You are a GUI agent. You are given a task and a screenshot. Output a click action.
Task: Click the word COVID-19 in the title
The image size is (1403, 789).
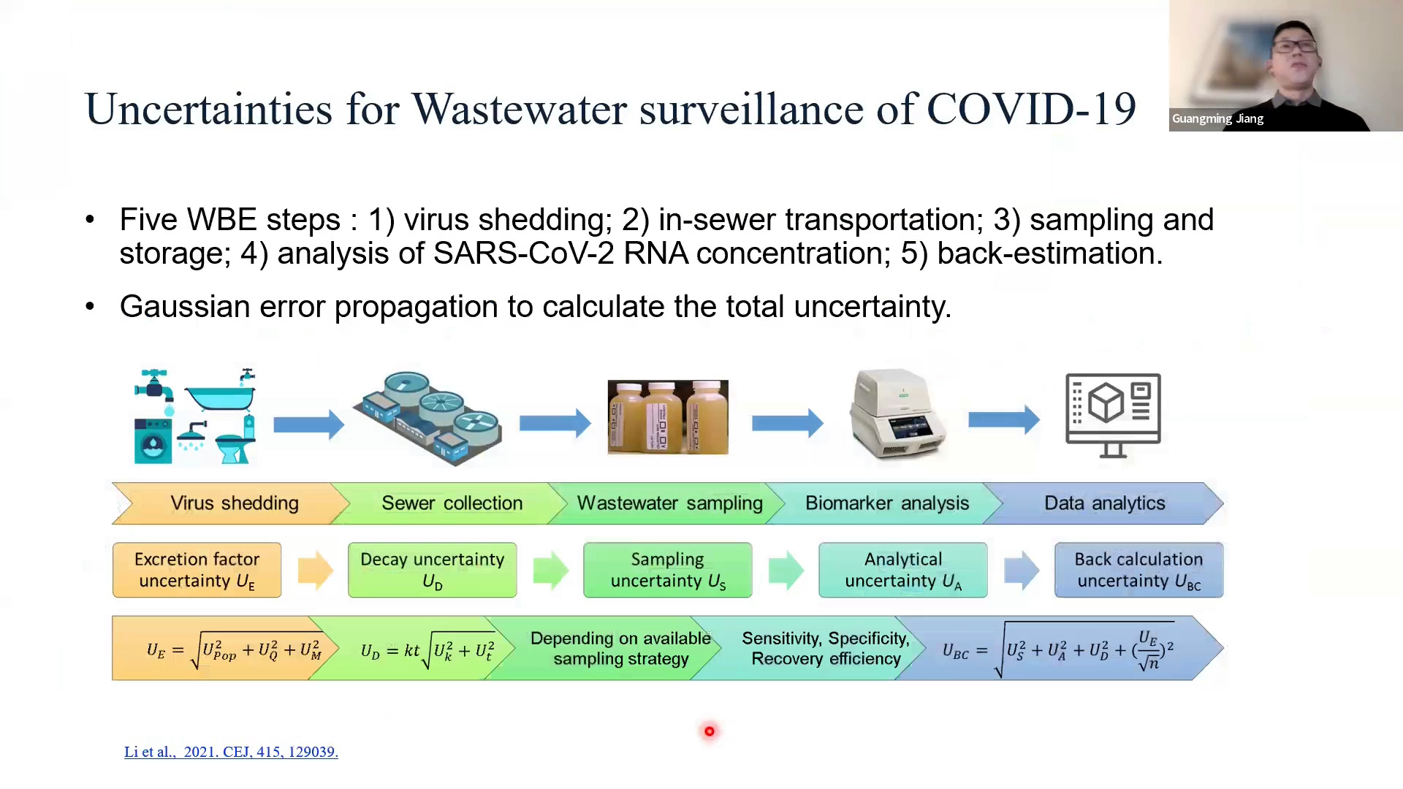[x=1031, y=110]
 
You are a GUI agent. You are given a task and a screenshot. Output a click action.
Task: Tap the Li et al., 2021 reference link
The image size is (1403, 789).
[x=231, y=752]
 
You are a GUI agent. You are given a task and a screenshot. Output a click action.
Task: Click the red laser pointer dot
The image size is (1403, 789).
[x=709, y=731]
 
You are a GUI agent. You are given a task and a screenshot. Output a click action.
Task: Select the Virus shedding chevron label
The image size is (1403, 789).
[x=235, y=503]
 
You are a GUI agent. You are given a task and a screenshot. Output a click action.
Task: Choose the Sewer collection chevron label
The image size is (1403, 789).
[x=452, y=503]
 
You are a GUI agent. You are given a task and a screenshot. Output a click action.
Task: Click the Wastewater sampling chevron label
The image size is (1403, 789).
[x=669, y=503]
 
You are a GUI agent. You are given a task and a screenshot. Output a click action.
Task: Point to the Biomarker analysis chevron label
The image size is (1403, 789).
[x=886, y=503]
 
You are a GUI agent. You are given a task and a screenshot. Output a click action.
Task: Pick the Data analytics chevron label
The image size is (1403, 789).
[x=1104, y=503]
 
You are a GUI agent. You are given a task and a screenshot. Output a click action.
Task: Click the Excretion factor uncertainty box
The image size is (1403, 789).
[x=197, y=570]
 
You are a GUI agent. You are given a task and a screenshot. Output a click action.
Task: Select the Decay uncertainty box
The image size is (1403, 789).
[x=432, y=570]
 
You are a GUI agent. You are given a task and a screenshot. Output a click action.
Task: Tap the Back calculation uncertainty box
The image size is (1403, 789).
[x=1138, y=570]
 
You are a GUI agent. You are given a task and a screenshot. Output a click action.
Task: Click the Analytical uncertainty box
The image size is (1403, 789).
[x=902, y=570]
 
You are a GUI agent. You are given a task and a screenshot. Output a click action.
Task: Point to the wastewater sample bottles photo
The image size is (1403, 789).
[x=667, y=417]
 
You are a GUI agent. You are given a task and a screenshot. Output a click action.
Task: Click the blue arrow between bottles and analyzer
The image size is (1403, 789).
[x=787, y=423]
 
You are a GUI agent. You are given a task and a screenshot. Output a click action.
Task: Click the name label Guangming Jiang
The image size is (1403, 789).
[x=1217, y=118]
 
